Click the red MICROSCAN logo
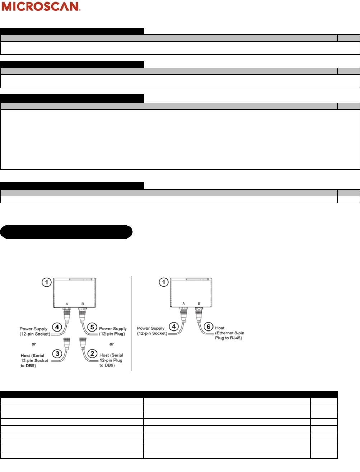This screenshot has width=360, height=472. pos(41,6)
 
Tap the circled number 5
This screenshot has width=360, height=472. pos(92,327)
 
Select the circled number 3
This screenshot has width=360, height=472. pos(57,353)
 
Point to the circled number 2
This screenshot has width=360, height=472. pos(92,353)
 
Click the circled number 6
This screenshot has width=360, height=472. pos(209,327)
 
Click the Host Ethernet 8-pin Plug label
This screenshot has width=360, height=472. pos(229,333)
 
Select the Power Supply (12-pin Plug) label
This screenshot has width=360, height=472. pos(113,331)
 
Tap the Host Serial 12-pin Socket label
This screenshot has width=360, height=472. pos(34,361)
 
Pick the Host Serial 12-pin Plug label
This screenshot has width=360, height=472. pos(111,360)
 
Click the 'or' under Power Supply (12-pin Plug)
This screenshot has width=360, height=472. pos(112,344)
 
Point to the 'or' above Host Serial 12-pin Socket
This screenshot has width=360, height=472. pos(34,344)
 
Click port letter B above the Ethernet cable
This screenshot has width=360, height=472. pos(199,304)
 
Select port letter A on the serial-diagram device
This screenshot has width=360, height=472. pos(67,304)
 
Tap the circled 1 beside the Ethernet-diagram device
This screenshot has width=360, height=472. pos(164,282)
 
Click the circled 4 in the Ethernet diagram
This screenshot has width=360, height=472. pos(174,327)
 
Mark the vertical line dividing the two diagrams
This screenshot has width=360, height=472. pos(131,323)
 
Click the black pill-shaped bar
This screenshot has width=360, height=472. pos(66,232)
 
